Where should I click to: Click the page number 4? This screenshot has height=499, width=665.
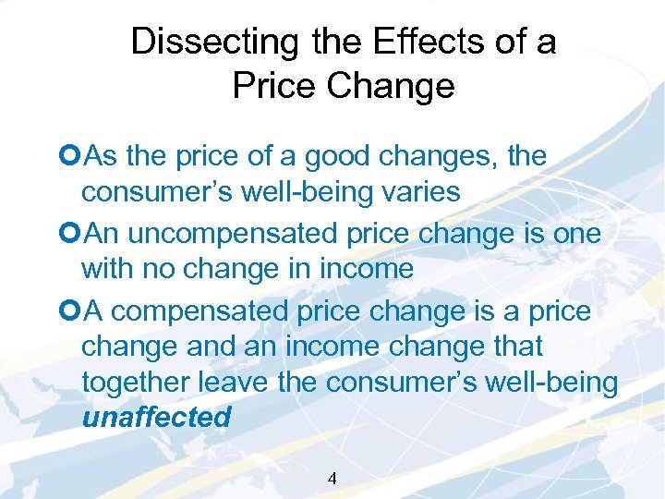(332, 479)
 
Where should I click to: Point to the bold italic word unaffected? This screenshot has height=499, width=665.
(156, 417)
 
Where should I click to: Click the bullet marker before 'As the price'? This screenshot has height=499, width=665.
(73, 157)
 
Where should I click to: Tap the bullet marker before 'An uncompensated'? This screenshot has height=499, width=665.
(73, 235)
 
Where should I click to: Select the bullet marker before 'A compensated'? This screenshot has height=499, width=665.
(73, 312)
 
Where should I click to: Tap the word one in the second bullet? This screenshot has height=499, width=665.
(575, 235)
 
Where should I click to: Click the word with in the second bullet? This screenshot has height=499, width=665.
(108, 269)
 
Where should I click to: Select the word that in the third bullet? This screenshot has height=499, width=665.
(517, 347)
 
